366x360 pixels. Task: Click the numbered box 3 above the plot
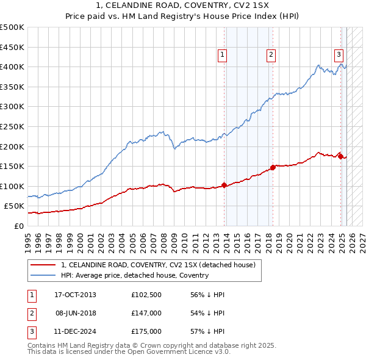click(338, 54)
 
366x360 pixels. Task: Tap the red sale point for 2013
click(224, 185)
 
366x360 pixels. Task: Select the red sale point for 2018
click(273, 167)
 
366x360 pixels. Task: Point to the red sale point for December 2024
click(340, 156)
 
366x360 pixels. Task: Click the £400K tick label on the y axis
click(12, 67)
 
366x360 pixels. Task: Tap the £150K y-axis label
click(12, 166)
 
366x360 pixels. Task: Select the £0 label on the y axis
click(18, 226)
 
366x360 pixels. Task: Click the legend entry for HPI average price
click(135, 275)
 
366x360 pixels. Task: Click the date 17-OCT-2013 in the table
click(76, 295)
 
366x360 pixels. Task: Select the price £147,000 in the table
click(146, 313)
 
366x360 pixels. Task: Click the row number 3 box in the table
click(31, 331)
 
